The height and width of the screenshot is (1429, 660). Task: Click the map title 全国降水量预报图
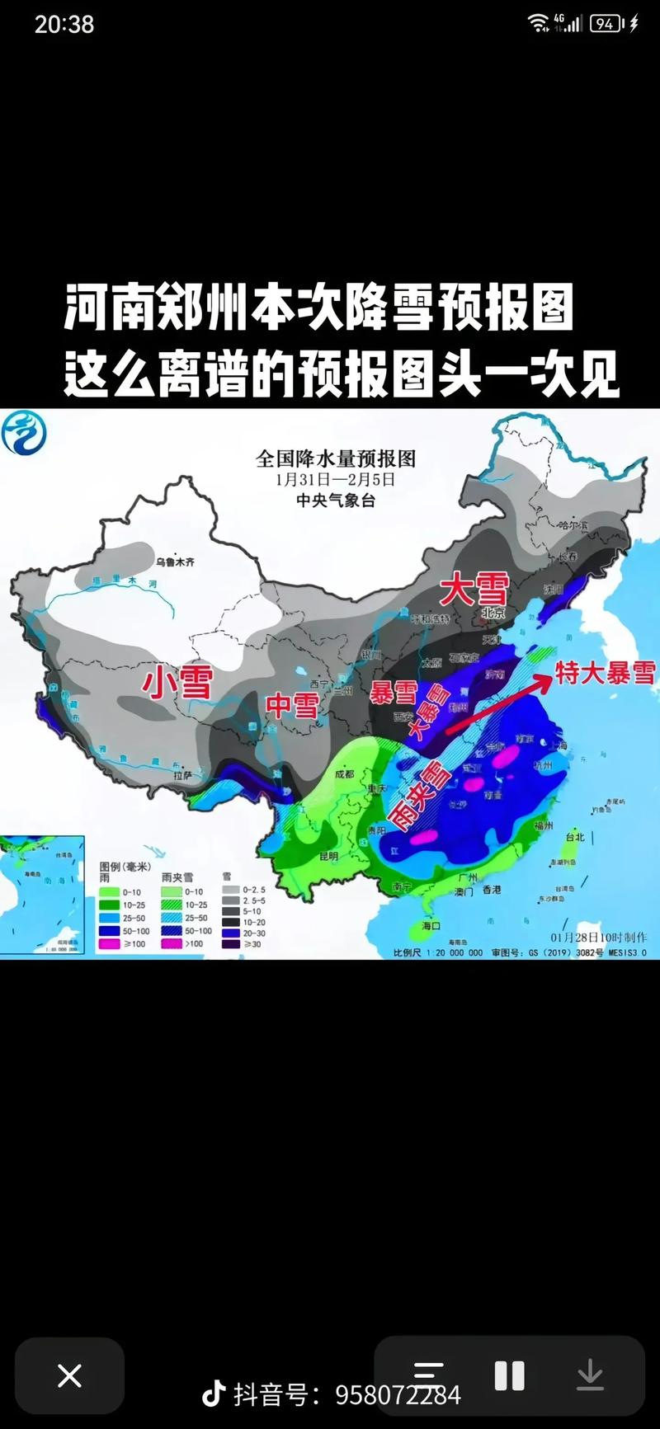(336, 458)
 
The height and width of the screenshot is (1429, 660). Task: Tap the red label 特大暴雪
(605, 672)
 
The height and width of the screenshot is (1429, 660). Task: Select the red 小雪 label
(177, 682)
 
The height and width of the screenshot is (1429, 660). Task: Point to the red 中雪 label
(292, 705)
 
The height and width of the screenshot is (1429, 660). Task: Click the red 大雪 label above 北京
(474, 590)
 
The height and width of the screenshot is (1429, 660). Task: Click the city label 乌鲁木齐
(175, 562)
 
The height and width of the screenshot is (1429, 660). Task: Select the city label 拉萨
(182, 775)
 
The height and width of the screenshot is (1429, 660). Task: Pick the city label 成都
(344, 773)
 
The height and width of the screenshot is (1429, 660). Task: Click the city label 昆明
(328, 856)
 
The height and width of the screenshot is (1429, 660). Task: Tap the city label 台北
(573, 837)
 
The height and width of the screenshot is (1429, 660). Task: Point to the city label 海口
(431, 926)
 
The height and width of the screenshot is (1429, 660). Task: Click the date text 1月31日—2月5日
(336, 479)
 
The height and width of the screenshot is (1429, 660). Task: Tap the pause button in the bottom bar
(509, 1375)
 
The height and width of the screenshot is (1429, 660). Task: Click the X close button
(70, 1375)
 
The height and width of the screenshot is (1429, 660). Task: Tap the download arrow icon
(589, 1375)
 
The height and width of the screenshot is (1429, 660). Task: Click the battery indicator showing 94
(606, 24)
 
